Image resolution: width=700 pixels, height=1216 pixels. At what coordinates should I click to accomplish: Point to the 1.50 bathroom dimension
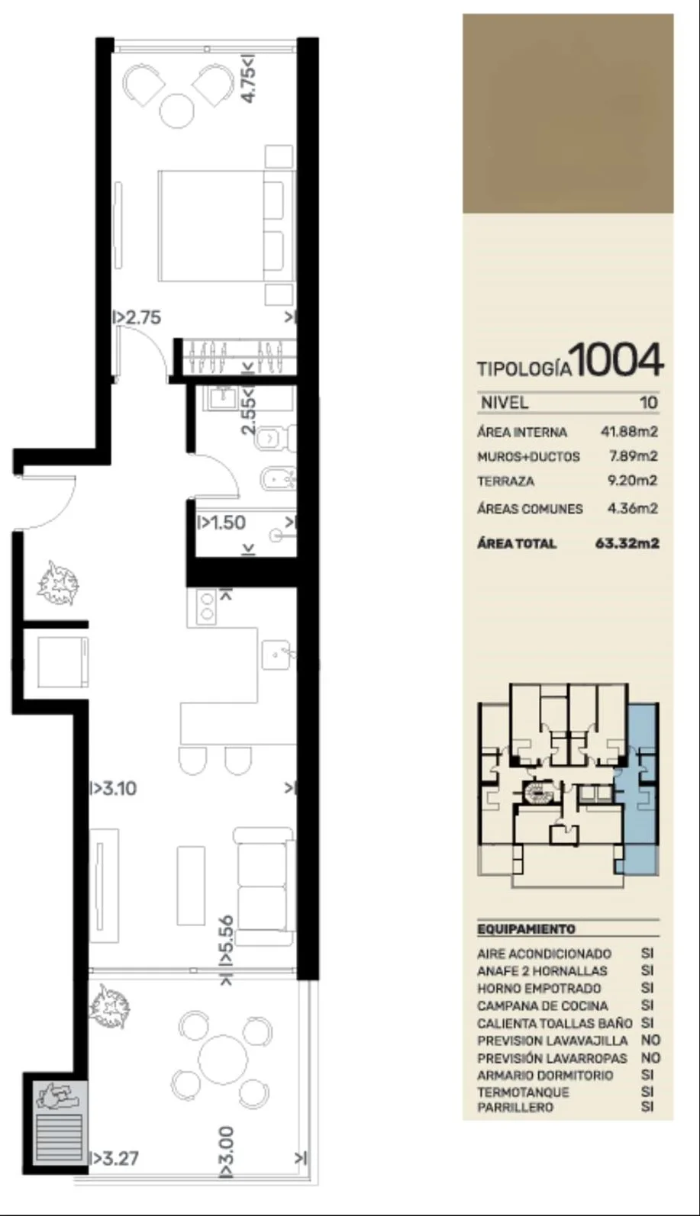click(x=221, y=523)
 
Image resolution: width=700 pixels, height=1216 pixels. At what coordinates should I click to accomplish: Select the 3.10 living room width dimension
click(x=113, y=788)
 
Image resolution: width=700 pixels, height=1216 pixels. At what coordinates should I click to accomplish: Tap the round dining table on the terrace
click(x=223, y=1059)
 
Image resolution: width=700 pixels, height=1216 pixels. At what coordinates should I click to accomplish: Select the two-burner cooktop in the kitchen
click(x=206, y=606)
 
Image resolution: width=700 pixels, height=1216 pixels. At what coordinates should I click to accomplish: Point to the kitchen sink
click(x=278, y=655)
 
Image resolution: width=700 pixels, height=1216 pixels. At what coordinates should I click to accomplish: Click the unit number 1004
click(x=617, y=359)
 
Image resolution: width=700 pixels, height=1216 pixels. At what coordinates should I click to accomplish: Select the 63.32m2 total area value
click(x=627, y=543)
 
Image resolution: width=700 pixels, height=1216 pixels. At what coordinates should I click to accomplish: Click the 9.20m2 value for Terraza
click(x=633, y=481)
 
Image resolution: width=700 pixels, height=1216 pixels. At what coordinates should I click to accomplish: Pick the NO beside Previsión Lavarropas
click(x=650, y=1058)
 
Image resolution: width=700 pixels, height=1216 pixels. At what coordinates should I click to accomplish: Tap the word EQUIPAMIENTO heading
click(x=526, y=929)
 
